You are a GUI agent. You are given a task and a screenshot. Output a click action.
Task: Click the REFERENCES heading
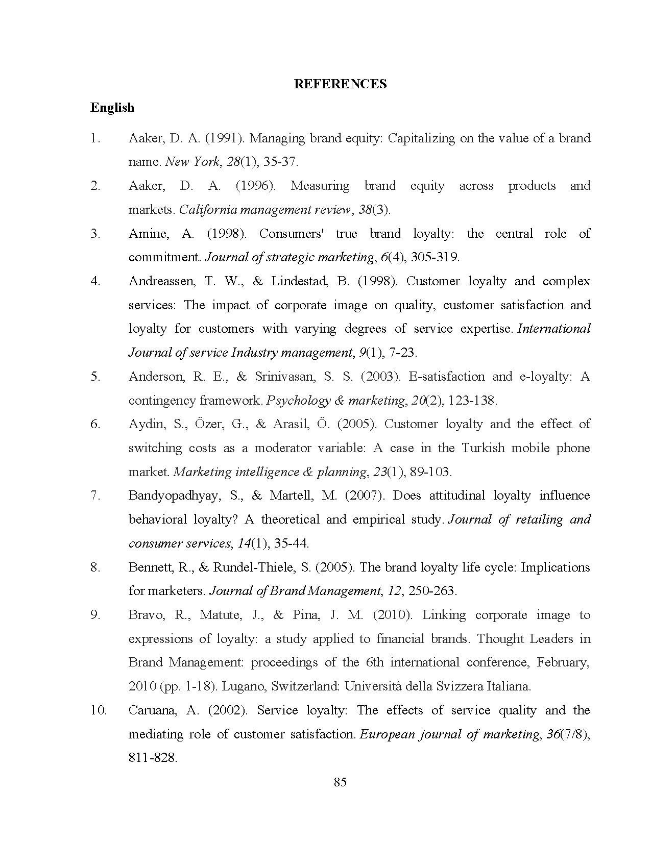tap(340, 84)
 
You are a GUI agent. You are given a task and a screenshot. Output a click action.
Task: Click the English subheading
tap(112, 108)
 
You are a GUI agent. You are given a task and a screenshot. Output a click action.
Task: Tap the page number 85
tap(340, 782)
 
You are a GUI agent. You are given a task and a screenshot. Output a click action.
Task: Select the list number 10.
tap(99, 710)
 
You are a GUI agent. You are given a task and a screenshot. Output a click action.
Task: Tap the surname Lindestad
tap(300, 281)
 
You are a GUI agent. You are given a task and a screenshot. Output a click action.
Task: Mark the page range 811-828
tap(153, 758)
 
